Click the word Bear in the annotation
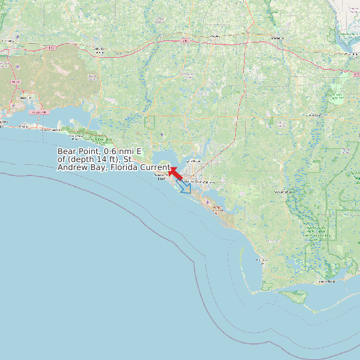point(66,151)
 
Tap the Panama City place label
point(197,181)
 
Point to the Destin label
point(47,130)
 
